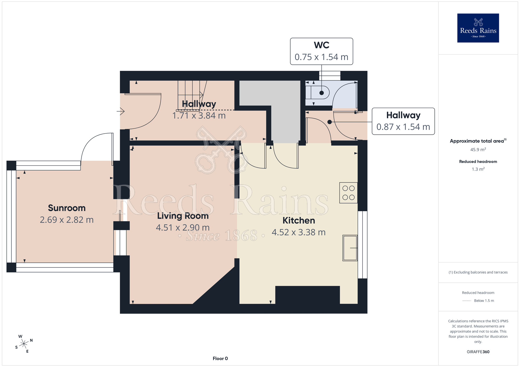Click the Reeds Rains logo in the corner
click(x=478, y=28)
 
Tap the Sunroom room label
click(x=67, y=208)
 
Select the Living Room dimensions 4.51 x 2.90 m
click(x=183, y=228)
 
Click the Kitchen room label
click(x=299, y=220)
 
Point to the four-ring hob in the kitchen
click(x=348, y=193)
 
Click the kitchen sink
click(x=350, y=248)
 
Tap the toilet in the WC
click(x=318, y=93)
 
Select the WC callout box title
click(x=322, y=45)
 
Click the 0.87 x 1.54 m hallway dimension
click(x=403, y=127)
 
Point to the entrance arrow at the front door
click(x=121, y=111)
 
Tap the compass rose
click(x=24, y=344)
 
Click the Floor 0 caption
click(x=220, y=358)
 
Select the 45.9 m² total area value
click(x=478, y=149)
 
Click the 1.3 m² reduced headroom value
click(x=478, y=169)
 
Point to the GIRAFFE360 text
click(x=478, y=352)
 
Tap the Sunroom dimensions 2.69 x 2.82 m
click(x=67, y=220)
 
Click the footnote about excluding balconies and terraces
click(x=478, y=272)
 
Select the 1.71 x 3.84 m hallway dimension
click(x=199, y=115)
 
